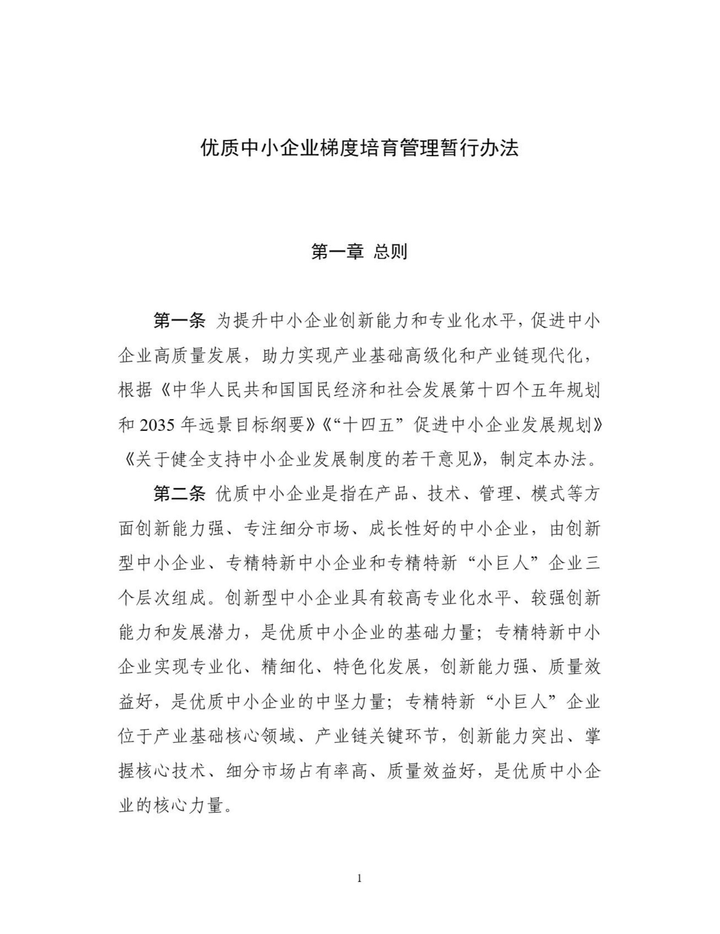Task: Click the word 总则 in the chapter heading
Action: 390,252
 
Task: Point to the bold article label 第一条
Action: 179,321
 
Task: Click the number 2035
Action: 156,426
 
